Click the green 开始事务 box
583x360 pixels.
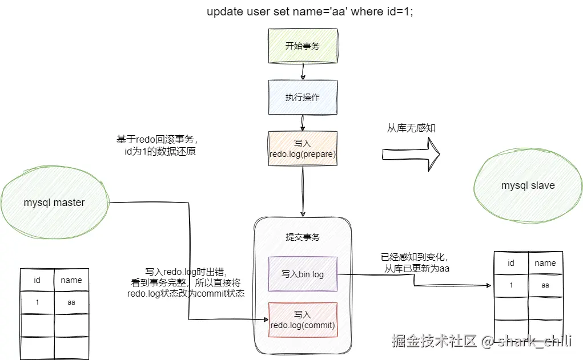coord(303,46)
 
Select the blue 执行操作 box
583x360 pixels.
coord(303,97)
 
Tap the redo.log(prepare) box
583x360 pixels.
coord(303,148)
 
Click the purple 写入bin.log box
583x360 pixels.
coord(303,274)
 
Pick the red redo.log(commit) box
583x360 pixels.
coord(303,319)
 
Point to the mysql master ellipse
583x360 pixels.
coord(54,203)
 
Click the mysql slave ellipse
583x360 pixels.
coord(528,185)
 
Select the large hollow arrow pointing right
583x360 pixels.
coord(411,155)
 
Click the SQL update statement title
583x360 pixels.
coord(309,12)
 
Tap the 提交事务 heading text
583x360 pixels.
coord(303,237)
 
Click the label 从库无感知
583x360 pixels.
coord(411,128)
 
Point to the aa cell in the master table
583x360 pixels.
coord(71,302)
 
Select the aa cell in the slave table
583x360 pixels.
coord(545,285)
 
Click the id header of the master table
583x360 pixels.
coord(37,280)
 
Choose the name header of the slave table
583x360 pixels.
coord(545,263)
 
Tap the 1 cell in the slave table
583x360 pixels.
coord(511,285)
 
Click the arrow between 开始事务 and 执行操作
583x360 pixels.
coord(303,72)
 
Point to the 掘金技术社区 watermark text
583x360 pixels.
coord(434,342)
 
